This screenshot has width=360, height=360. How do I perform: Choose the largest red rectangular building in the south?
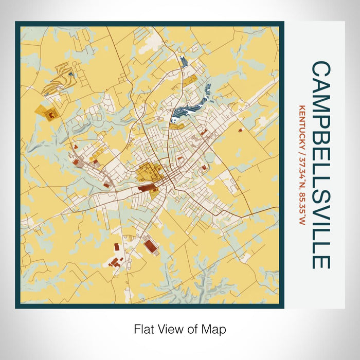pyautogui.click(x=151, y=246)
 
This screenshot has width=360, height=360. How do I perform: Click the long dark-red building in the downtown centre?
pyautogui.click(x=148, y=189)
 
